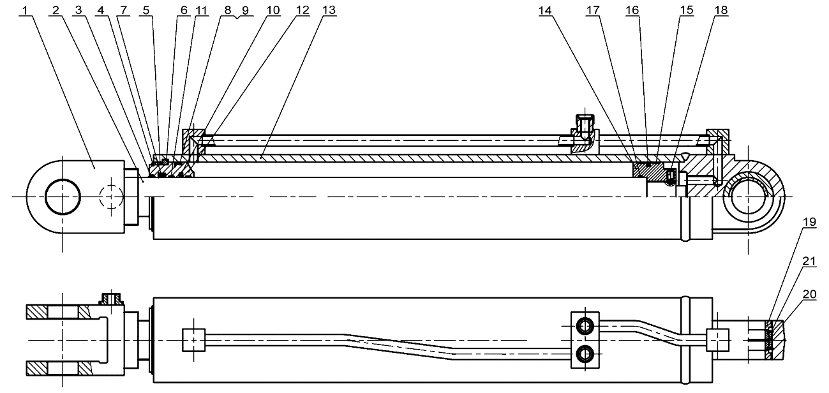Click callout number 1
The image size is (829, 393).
tap(25, 10)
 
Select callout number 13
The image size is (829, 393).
tap(328, 10)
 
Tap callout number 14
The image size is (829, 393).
tap(545, 10)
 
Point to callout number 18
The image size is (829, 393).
tap(721, 10)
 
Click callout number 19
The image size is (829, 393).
tap(809, 221)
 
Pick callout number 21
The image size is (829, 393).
tap(809, 262)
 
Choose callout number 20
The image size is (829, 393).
tap(809, 294)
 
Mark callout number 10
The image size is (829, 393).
tap(273, 10)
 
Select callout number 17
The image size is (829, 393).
tap(592, 10)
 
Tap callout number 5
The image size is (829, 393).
tap(146, 10)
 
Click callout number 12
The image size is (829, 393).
tap(302, 10)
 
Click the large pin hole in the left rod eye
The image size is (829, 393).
tap(63, 197)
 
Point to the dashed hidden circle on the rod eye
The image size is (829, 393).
tap(112, 196)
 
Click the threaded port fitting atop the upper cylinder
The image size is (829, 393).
tap(585, 126)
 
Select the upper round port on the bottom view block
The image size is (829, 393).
tap(585, 326)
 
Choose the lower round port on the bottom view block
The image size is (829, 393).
tap(585, 354)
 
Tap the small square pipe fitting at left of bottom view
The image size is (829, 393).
tap(193, 340)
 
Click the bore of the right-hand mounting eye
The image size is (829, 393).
tap(748, 196)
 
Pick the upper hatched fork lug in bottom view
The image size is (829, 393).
tap(59, 312)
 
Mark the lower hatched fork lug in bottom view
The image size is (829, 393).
tap(59, 369)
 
